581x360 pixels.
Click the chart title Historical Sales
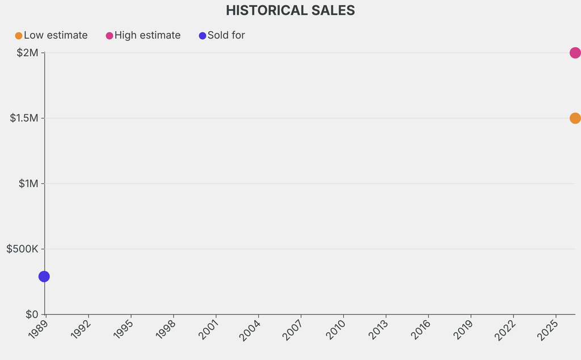click(290, 10)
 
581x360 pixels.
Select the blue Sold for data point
click(44, 277)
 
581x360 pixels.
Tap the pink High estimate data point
click(575, 53)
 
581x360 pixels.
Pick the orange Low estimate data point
click(575, 118)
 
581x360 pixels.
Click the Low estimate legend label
click(56, 35)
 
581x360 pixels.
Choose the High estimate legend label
click(148, 35)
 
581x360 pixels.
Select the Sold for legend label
click(226, 35)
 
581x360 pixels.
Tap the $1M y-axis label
click(27, 183)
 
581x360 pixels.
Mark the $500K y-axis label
click(22, 249)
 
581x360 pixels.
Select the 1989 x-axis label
click(37, 329)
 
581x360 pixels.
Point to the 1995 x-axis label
click(123, 329)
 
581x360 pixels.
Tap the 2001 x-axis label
click(208, 329)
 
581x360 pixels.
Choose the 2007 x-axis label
click(292, 329)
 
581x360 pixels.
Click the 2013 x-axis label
click(377, 329)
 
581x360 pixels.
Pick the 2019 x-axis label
click(462, 329)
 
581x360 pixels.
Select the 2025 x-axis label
click(548, 329)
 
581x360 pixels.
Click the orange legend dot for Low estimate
click(19, 36)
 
